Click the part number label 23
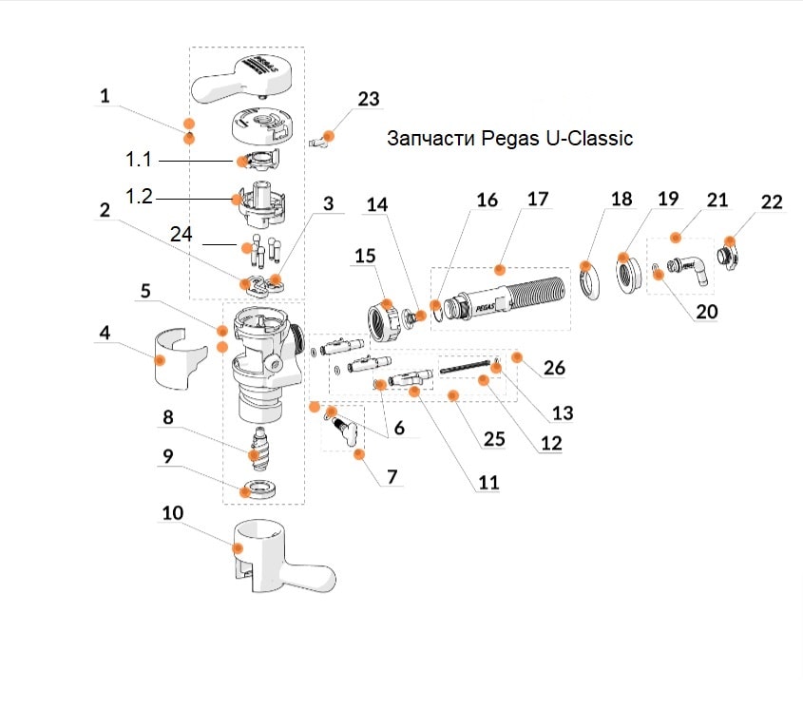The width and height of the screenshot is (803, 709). (368, 99)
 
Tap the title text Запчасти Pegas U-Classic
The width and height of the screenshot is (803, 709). (509, 139)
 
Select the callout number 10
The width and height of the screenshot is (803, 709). (172, 514)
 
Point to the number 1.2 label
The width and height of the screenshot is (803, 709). (139, 198)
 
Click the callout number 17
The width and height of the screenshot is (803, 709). (538, 200)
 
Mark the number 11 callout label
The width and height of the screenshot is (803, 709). (488, 483)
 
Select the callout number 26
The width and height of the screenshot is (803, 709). (553, 368)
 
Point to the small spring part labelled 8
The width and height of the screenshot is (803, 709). (258, 450)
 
